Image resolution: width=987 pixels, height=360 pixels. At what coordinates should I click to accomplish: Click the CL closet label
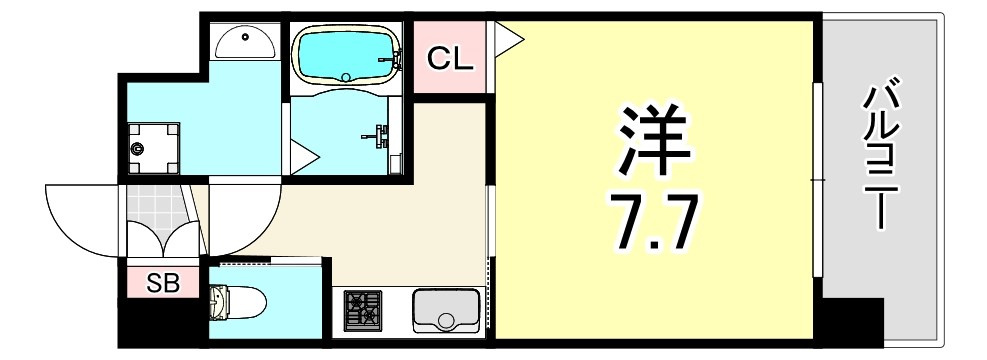click(x=449, y=59)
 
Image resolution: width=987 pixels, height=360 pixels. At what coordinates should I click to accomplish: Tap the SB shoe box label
click(x=163, y=284)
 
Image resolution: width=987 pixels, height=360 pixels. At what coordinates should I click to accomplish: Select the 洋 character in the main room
click(x=655, y=140)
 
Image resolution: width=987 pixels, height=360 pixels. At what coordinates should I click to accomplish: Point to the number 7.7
click(x=654, y=221)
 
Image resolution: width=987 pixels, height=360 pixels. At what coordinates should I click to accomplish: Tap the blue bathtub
click(x=346, y=57)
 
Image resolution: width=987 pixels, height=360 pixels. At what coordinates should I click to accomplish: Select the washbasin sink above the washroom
click(x=244, y=43)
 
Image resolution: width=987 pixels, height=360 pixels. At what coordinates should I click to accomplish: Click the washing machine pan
click(x=154, y=149)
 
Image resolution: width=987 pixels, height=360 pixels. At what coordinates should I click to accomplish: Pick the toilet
click(x=237, y=303)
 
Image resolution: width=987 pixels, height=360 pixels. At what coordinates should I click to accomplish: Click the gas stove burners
click(x=363, y=310)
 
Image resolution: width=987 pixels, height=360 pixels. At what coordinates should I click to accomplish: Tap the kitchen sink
click(x=446, y=310)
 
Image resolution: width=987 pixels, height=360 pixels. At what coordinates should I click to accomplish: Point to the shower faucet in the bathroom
click(x=378, y=133)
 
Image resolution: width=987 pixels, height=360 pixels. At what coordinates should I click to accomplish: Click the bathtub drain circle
click(x=345, y=77)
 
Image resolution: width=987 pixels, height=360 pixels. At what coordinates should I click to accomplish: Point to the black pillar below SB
click(x=162, y=322)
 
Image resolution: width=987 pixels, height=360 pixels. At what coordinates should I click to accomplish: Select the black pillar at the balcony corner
click(x=852, y=322)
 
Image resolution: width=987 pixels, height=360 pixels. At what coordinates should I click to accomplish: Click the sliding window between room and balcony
click(x=817, y=180)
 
